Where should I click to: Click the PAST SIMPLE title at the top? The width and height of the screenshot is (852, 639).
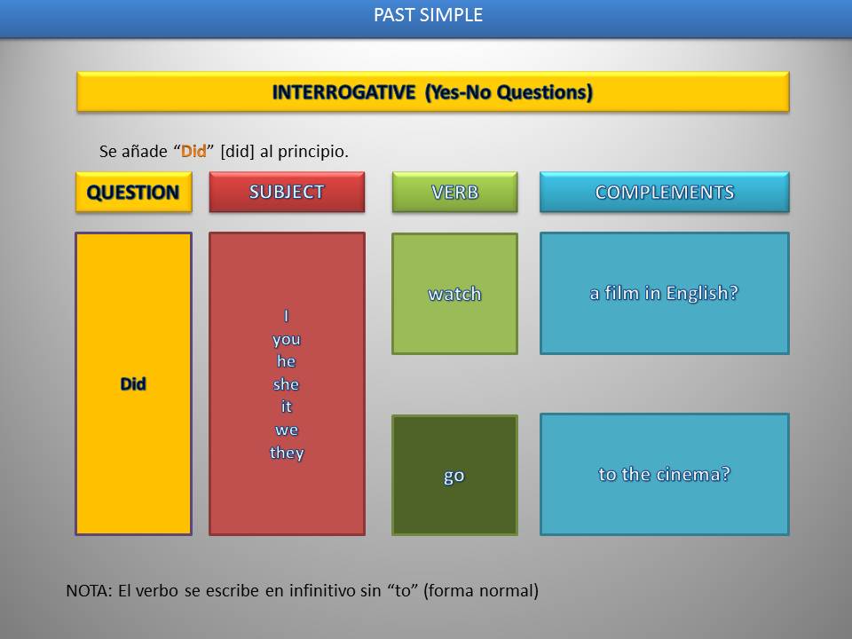[428, 15]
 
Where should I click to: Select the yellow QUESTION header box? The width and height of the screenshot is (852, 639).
[133, 193]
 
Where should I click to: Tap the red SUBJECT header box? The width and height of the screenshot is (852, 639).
[287, 192]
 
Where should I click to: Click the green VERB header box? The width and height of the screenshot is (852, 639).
[454, 192]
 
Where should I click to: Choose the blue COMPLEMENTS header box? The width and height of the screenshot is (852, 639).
[664, 192]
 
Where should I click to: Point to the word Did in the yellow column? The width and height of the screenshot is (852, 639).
[133, 384]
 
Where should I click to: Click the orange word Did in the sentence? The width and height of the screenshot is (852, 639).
[193, 151]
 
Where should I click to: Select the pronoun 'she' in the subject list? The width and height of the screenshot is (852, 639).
[286, 384]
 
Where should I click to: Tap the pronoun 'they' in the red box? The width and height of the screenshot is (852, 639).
[287, 453]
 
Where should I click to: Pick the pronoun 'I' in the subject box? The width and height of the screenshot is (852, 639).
[287, 316]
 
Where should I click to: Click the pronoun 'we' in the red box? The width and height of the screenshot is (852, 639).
[287, 430]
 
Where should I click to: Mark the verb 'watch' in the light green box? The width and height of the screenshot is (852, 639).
[454, 294]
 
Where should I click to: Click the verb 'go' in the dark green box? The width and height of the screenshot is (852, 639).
[454, 476]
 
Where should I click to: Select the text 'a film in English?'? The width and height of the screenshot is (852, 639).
[664, 293]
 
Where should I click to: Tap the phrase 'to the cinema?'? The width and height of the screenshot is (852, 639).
[664, 474]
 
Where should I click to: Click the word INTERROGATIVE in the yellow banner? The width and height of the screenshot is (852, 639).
[344, 91]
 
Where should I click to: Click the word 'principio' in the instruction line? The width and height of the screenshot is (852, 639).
[315, 152]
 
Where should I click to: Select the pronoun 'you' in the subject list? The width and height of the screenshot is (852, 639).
[287, 339]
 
